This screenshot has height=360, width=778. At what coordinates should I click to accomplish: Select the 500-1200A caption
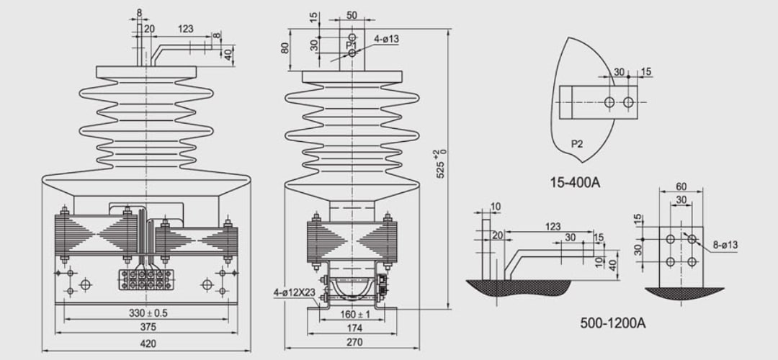pos(613,323)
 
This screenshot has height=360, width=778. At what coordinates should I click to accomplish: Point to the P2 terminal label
pos(576,143)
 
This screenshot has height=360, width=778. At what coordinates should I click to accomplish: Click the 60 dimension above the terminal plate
pos(681,187)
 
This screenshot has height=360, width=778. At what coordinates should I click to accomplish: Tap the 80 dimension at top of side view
pos(285,49)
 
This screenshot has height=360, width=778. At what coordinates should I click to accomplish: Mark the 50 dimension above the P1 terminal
pos(352,15)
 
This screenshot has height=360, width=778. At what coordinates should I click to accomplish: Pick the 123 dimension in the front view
pos(185,30)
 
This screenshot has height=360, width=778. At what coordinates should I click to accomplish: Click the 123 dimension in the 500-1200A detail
pos(553,227)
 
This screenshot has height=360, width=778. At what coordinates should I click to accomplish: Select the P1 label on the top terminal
pos(352,45)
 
